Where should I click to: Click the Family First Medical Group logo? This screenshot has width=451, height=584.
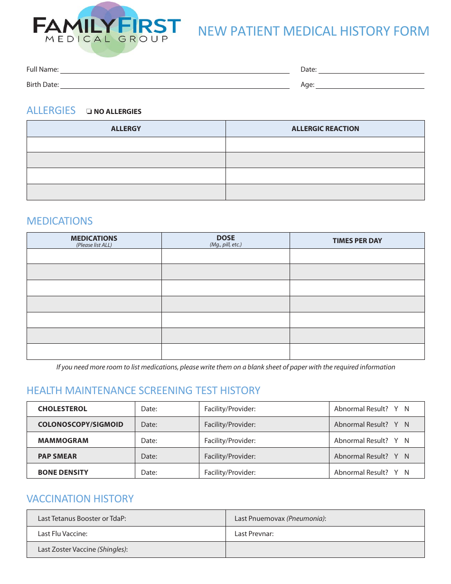pyautogui.click(x=107, y=28)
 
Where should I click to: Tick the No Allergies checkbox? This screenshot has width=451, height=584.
pyautogui.click(x=89, y=112)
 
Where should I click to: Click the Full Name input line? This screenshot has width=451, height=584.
pyautogui.click(x=174, y=70)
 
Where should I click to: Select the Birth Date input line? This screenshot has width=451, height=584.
pyautogui.click(x=174, y=85)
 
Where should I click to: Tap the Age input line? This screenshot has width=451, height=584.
pyautogui.click(x=370, y=85)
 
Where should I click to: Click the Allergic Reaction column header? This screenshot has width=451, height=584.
pyautogui.click(x=325, y=129)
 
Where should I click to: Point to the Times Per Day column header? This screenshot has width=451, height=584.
pyautogui.click(x=357, y=241)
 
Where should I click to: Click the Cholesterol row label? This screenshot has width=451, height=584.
pyautogui.click(x=63, y=409)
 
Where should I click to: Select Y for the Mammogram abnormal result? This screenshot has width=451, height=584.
pyautogui.click(x=396, y=441)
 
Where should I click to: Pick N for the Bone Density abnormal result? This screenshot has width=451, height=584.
pyautogui.click(x=407, y=472)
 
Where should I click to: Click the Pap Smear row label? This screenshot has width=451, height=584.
pyautogui.click(x=57, y=456)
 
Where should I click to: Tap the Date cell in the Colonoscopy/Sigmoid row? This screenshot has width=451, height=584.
pyautogui.click(x=166, y=424)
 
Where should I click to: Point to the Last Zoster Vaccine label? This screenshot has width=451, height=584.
pyautogui.click(x=83, y=549)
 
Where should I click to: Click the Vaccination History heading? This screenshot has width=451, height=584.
pyautogui.click(x=80, y=499)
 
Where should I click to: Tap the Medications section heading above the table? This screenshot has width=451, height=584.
pyautogui.click(x=60, y=221)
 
